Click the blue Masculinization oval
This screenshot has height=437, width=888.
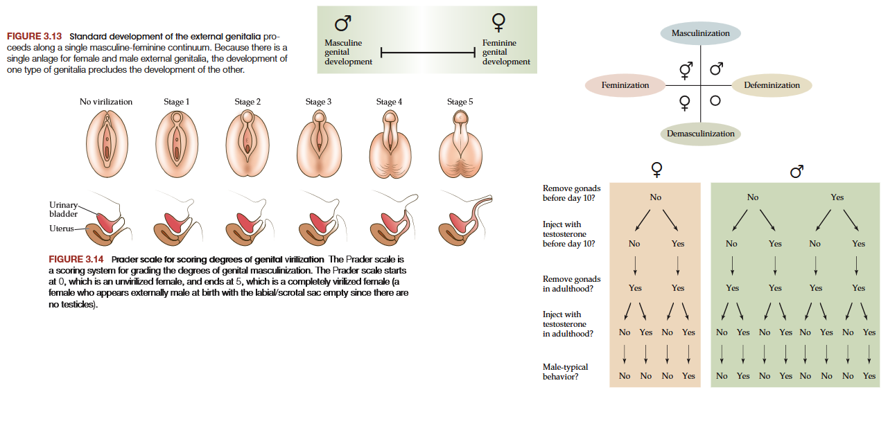(700, 33)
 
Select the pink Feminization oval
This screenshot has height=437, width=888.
(625, 85)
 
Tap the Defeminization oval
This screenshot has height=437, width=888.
(772, 85)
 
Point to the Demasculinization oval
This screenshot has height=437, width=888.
(700, 134)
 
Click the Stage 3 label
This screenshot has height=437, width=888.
(318, 102)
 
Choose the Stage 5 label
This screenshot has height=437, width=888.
(460, 102)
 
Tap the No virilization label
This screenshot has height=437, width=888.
(106, 102)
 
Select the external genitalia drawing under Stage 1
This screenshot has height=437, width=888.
(177, 143)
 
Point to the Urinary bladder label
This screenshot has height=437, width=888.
(63, 209)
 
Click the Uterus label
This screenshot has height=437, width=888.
(61, 229)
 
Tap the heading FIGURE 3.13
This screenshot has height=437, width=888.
(35, 36)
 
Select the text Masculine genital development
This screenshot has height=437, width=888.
(348, 52)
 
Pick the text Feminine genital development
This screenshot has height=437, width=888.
(506, 52)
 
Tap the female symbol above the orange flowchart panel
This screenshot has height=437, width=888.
(656, 169)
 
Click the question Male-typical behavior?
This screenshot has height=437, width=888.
(566, 371)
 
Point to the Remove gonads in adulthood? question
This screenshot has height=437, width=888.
(572, 283)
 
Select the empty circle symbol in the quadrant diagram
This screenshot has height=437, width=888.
(715, 101)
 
